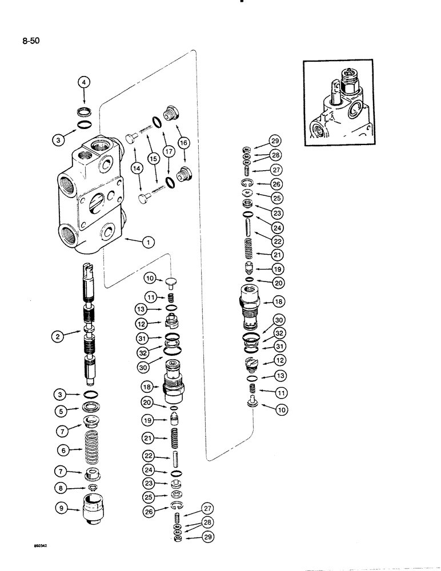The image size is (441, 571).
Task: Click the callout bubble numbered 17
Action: (169, 152)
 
